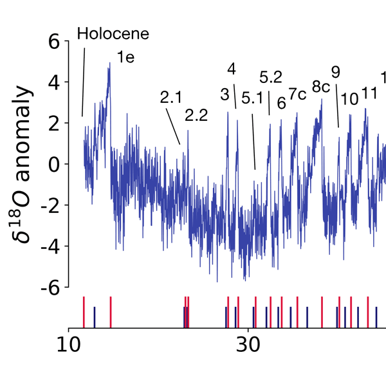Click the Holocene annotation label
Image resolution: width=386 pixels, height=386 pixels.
click(x=113, y=33)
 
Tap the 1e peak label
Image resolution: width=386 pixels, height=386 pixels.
click(x=125, y=57)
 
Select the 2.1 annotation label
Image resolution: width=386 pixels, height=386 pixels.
click(x=172, y=98)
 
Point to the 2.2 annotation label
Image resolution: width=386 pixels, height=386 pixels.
click(x=196, y=116)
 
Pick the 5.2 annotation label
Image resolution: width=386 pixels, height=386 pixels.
click(x=271, y=78)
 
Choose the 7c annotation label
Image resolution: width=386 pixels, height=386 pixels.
click(x=297, y=94)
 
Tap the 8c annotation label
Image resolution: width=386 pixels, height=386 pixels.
click(x=321, y=86)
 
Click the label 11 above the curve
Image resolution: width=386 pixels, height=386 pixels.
click(x=369, y=93)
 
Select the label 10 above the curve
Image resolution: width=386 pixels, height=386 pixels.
click(x=350, y=99)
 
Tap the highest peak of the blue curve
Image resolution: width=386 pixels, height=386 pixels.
click(x=110, y=63)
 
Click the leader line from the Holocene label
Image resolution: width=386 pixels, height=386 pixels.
click(x=84, y=80)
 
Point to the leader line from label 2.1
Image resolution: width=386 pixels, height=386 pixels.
click(x=172, y=125)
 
